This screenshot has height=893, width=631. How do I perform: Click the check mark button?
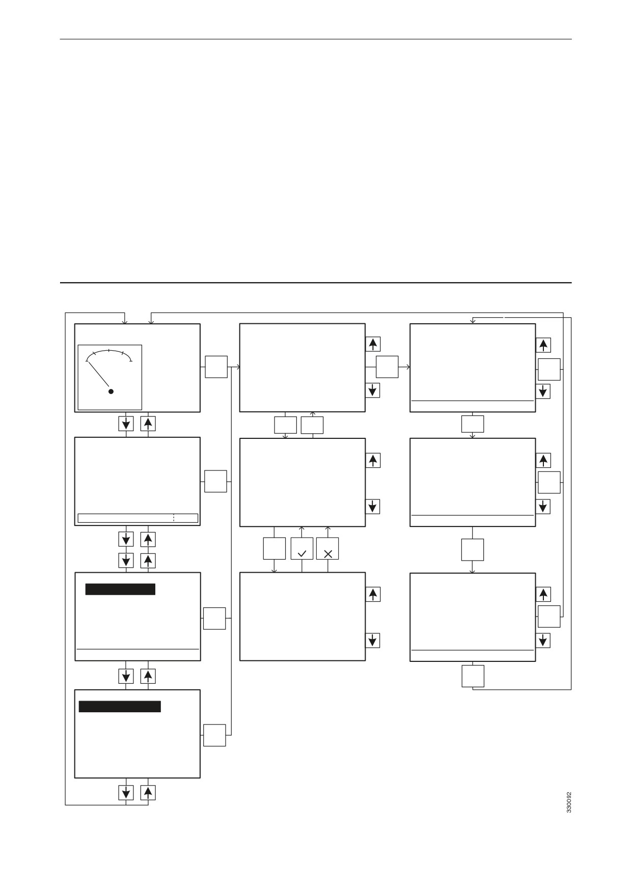click(x=301, y=548)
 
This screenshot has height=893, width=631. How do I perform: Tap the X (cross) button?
click(x=327, y=548)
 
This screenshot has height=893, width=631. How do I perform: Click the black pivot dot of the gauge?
click(x=111, y=392)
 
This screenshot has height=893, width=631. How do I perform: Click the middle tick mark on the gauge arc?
click(x=109, y=351)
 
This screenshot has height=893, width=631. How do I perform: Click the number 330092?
click(x=569, y=802)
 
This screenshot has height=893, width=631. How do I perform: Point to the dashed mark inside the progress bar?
click(x=174, y=518)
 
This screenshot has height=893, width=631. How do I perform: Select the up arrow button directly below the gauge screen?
click(x=148, y=424)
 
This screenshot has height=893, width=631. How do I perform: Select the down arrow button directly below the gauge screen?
click(x=126, y=424)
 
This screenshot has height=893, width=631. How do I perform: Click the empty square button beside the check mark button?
click(x=274, y=548)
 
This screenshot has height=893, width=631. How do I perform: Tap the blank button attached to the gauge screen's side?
click(x=216, y=367)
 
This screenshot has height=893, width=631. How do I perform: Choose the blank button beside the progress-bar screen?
click(x=215, y=481)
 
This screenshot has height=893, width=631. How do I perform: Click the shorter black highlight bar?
click(x=120, y=589)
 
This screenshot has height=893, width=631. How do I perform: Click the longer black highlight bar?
click(x=120, y=706)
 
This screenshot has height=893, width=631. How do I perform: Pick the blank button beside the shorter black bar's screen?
click(x=214, y=618)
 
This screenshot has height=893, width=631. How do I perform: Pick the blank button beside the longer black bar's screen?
click(x=214, y=735)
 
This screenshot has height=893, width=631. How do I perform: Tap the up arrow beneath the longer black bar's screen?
click(x=148, y=793)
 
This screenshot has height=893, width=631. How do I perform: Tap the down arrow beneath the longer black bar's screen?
click(x=126, y=793)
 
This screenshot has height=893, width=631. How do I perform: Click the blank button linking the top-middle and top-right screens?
click(x=387, y=367)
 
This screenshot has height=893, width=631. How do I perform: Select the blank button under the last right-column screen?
click(x=473, y=676)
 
